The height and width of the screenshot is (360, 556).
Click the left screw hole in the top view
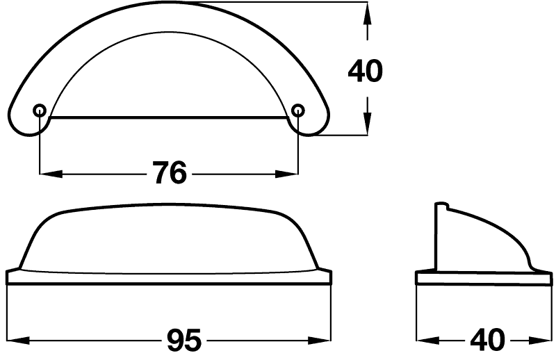tap(39, 110)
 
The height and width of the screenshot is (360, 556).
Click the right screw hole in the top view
tap(298, 110)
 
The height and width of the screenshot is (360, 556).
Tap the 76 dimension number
tap(169, 173)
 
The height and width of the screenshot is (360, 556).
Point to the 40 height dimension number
tap(364, 72)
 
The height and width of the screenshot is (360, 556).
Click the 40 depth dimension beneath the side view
tap(486, 341)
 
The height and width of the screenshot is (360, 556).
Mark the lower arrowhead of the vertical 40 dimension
tap(367, 125)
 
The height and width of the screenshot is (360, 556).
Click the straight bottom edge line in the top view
tap(169, 117)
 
